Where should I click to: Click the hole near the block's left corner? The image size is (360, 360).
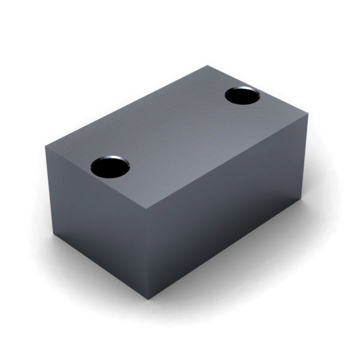tap(110, 166)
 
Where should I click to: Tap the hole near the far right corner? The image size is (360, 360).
tap(242, 96)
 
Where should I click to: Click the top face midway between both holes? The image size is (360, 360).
tap(176, 131)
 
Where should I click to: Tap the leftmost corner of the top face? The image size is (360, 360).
tap(45, 146)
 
